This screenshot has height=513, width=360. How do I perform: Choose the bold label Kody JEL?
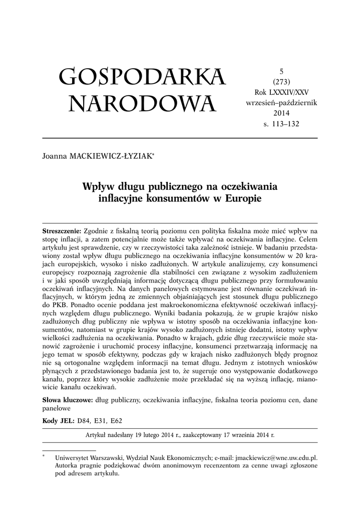59,421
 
